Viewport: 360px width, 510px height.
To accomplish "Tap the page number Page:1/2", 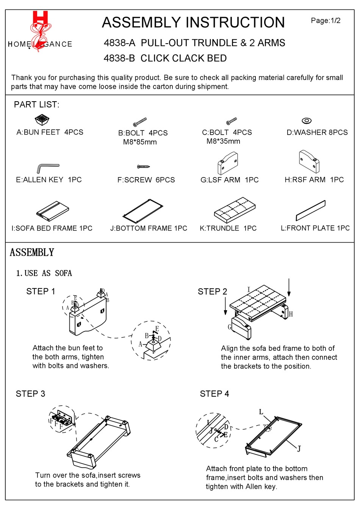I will click(326, 20).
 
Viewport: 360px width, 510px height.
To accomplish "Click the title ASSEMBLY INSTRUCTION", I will click(193, 23).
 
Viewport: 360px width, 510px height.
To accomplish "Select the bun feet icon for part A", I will click(42, 120).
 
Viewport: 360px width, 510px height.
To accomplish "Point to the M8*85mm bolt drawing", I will click(140, 122).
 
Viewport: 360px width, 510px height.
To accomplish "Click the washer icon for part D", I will click(307, 121).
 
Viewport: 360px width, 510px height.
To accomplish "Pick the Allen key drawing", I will click(47, 168).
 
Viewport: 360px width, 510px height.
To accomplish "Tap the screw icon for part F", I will click(144, 166).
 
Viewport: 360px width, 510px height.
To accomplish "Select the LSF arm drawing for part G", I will click(227, 163).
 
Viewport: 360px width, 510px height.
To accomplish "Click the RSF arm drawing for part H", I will click(309, 161).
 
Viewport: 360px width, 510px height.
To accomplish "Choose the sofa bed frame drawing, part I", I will click(53, 211).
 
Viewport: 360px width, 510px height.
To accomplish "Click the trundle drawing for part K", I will click(235, 209).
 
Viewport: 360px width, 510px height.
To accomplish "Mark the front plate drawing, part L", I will click(310, 210).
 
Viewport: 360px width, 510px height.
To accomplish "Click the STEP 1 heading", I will click(41, 291).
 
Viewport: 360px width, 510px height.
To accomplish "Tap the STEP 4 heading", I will click(214, 394).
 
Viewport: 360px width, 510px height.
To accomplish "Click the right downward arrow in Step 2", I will click(289, 287).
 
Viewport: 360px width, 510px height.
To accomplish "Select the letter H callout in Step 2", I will click(291, 314).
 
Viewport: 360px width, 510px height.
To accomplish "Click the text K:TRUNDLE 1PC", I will click(228, 228).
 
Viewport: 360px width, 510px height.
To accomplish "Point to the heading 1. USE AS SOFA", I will click(44, 273).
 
